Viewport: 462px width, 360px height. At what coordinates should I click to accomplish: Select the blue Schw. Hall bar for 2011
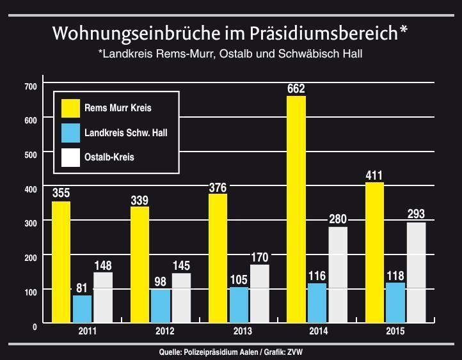[82, 309]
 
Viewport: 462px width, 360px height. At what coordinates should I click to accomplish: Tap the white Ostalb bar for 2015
[416, 272]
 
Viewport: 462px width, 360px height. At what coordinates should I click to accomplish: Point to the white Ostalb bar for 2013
[259, 293]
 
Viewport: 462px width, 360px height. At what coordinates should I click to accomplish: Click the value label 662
[296, 89]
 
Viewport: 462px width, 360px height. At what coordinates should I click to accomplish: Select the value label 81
[82, 288]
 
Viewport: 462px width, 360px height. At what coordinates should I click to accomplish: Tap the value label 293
[416, 214]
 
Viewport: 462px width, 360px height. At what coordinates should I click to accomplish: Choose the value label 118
[395, 275]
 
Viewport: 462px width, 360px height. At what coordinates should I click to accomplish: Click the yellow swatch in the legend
[70, 108]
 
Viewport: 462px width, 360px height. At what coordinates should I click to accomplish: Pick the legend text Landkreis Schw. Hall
[126, 133]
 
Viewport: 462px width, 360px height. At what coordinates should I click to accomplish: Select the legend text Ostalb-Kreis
[109, 157]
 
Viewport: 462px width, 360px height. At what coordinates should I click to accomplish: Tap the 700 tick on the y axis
[31, 86]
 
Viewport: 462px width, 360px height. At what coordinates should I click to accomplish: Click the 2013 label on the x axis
[243, 332]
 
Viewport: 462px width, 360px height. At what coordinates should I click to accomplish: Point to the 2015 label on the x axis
[395, 332]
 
